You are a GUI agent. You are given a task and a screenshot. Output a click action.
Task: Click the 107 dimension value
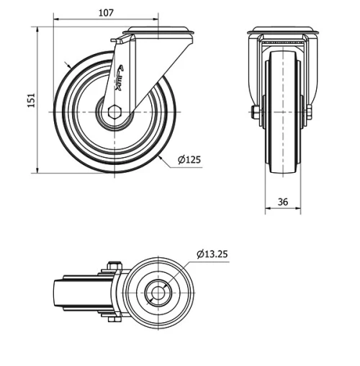click(x=105, y=12)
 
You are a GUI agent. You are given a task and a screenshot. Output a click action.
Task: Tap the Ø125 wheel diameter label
click(x=189, y=160)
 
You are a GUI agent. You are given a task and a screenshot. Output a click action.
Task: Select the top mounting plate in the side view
click(x=158, y=32)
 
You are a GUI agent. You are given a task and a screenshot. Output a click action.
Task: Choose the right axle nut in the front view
click(x=310, y=112)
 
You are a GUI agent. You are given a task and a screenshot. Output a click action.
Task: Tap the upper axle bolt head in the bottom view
click(x=112, y=266)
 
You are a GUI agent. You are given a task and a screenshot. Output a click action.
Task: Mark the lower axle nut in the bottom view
click(x=112, y=319)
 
